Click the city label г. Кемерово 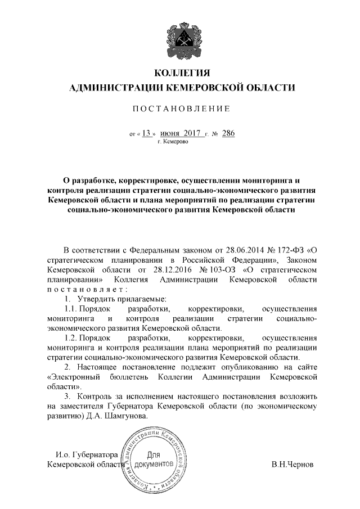173,143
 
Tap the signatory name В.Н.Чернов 293,465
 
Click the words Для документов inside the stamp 154,461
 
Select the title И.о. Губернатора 86,454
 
